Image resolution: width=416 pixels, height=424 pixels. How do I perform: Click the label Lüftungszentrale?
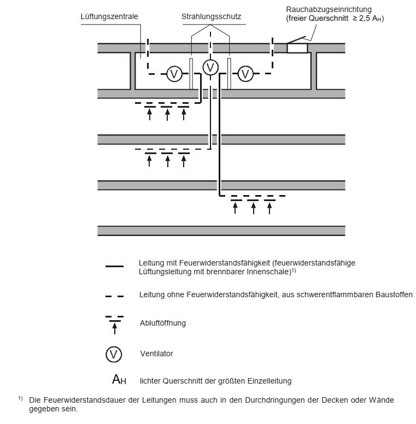109,17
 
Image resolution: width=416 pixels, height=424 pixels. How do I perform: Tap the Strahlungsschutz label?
211,17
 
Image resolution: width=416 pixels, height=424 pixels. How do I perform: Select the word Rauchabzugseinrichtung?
329,9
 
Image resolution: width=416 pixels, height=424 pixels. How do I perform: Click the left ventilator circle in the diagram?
174,74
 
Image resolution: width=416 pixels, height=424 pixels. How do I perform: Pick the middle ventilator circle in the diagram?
210,68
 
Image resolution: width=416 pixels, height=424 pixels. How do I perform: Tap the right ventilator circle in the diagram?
245,74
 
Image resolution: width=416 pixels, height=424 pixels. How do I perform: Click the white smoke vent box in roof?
297,49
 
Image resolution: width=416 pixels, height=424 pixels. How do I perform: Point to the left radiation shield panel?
191,74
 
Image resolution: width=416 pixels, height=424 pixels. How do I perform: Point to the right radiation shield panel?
229,74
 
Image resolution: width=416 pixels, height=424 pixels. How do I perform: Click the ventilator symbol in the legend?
114,354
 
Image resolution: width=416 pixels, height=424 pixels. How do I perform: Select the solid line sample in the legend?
114,266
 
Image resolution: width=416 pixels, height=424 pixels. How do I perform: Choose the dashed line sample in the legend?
114,296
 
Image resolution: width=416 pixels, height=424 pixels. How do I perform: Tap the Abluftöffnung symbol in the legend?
115,325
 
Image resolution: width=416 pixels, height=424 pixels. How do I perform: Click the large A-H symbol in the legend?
119,379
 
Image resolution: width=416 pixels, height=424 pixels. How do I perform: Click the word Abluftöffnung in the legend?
163,323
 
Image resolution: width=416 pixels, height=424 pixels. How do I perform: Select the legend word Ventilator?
156,354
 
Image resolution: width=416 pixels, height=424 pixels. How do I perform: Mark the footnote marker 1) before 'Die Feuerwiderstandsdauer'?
21,398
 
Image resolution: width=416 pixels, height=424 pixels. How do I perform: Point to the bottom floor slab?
221,231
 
